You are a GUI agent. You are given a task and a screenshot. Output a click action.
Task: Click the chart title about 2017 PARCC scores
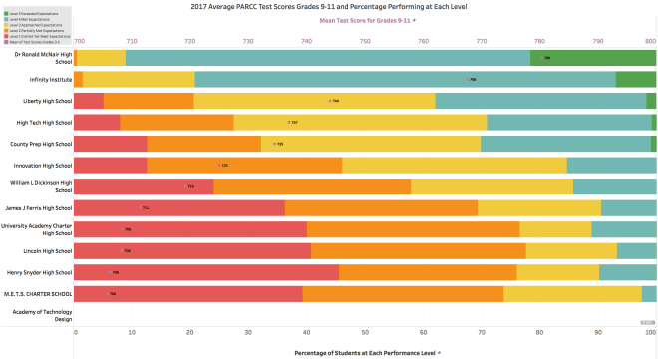pyautogui.click(x=365, y=6)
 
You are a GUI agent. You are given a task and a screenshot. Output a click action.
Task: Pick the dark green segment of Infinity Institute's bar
pyautogui.click(x=635, y=80)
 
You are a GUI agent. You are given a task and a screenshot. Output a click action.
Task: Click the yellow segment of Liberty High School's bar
pyautogui.click(x=314, y=101)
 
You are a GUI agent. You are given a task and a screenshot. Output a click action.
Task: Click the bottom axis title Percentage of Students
pyautogui.click(x=365, y=352)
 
